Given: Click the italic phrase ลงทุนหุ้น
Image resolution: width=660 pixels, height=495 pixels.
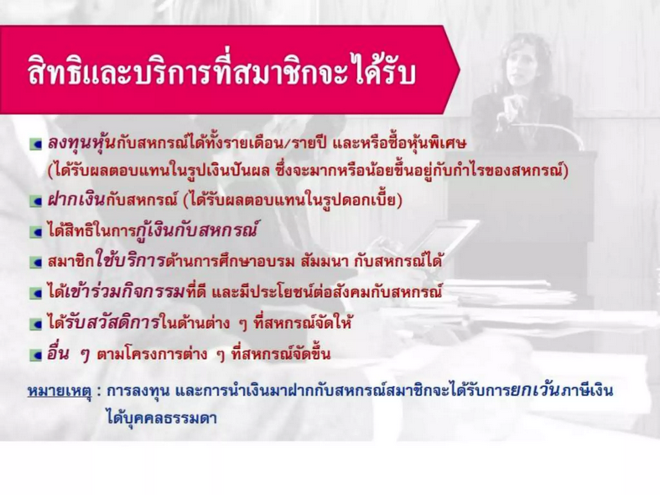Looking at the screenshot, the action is [x=81, y=143].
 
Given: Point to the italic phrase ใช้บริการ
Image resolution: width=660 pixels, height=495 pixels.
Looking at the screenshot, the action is [x=131, y=261].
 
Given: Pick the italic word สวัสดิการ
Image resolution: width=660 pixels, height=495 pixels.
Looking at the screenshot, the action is [x=124, y=322].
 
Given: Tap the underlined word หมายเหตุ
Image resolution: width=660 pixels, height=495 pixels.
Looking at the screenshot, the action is [x=60, y=392].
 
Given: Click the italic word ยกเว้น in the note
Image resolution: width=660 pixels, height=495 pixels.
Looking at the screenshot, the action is [x=535, y=390].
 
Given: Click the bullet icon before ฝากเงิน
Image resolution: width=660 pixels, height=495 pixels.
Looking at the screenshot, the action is [x=36, y=201].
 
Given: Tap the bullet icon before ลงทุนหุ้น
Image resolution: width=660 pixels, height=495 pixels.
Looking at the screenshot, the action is [x=36, y=145].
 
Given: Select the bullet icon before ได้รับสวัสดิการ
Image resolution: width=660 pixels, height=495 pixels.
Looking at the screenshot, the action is [x=36, y=324].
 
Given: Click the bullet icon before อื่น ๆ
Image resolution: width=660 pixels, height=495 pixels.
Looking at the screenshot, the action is [x=36, y=355].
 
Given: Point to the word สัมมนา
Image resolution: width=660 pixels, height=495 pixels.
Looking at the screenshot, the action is [x=325, y=262].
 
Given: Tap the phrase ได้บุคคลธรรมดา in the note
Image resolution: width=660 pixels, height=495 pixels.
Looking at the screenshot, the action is [x=162, y=419].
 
